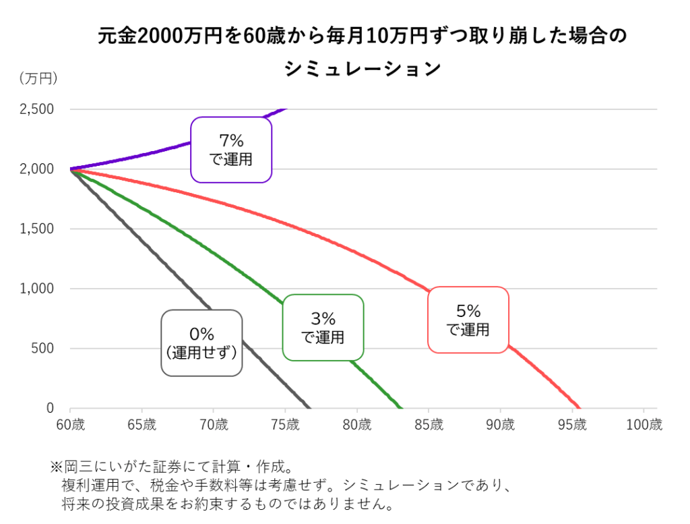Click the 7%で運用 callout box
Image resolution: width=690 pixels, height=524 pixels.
click(x=230, y=150)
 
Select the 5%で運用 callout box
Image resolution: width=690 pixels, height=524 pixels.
click(x=468, y=320)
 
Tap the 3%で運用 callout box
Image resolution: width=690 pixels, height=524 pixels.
click(x=323, y=327)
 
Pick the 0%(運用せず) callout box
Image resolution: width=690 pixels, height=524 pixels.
click(x=201, y=343)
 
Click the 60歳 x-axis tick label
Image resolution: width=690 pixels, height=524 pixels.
click(x=69, y=425)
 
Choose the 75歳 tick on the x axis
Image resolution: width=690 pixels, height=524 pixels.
click(x=285, y=425)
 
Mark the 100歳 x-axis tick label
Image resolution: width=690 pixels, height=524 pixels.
click(x=645, y=425)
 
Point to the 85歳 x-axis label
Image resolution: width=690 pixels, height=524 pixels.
click(x=429, y=425)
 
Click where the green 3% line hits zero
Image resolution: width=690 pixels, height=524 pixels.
click(x=402, y=408)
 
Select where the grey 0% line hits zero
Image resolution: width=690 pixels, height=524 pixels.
click(x=310, y=408)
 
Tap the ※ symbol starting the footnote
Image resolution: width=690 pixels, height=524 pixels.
click(x=55, y=467)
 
